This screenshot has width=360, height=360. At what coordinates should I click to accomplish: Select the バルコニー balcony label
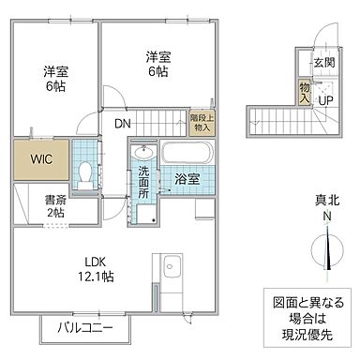[x=84, y=328]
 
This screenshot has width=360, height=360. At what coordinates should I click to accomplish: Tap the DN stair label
[x=124, y=122]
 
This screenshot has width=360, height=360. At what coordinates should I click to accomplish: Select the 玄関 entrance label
[x=323, y=63]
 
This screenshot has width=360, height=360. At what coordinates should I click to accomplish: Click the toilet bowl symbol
[x=84, y=172]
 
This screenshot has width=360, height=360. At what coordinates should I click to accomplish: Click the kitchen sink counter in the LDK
[x=171, y=275]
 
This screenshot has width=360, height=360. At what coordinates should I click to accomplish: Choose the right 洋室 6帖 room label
[x=157, y=63]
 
